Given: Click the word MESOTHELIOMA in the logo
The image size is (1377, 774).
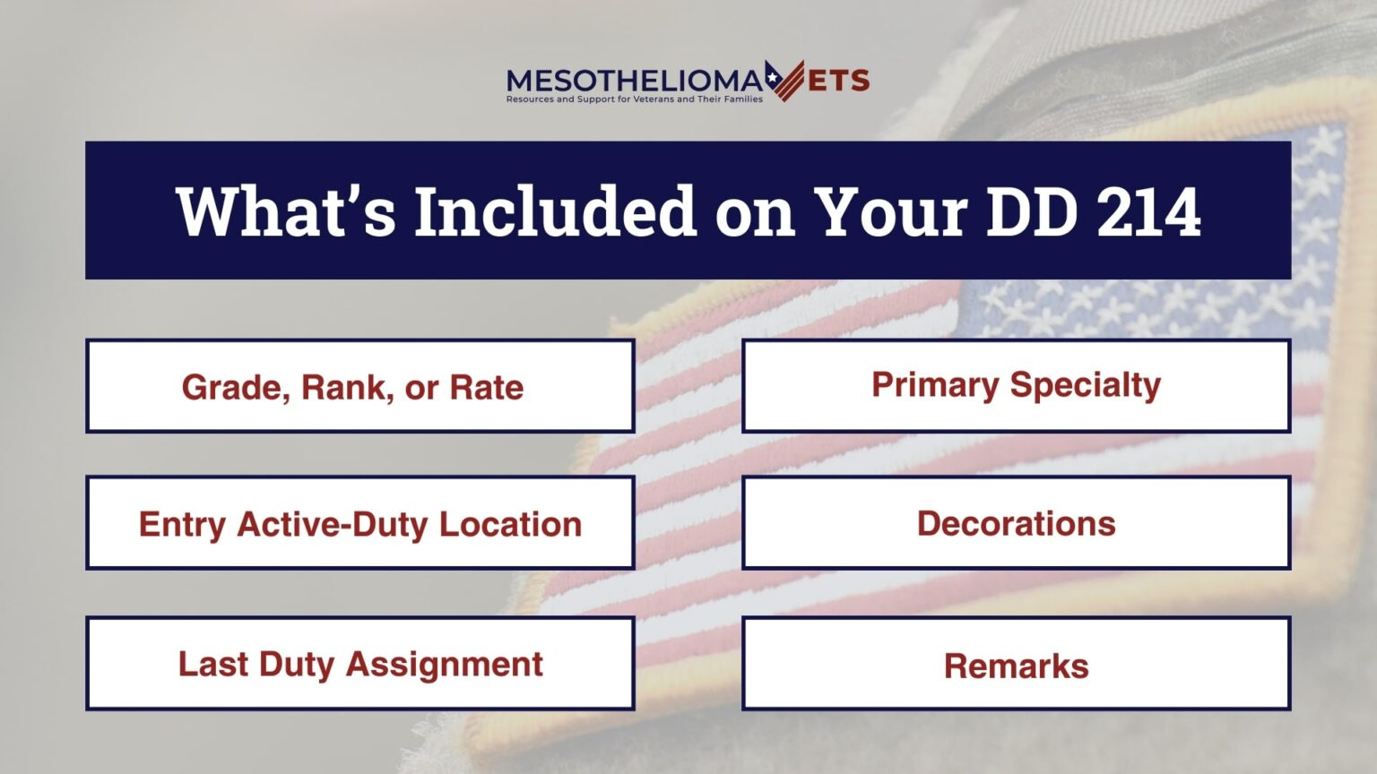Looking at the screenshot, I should [x=635, y=80].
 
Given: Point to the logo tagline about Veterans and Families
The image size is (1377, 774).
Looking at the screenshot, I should [x=635, y=99].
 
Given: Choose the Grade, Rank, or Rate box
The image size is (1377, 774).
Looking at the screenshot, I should [x=359, y=386].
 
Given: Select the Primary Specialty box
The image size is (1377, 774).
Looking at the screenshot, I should [x=1016, y=386].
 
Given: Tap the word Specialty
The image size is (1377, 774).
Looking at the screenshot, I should [x=1086, y=386].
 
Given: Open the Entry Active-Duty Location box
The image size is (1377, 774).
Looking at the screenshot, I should [x=359, y=523].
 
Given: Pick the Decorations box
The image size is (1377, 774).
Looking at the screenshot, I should [x=1016, y=523].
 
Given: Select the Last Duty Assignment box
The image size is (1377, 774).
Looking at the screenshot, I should [x=359, y=664].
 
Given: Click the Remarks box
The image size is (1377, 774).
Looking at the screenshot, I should [x=1016, y=664].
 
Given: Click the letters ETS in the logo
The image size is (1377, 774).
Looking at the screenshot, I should [x=838, y=81].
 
